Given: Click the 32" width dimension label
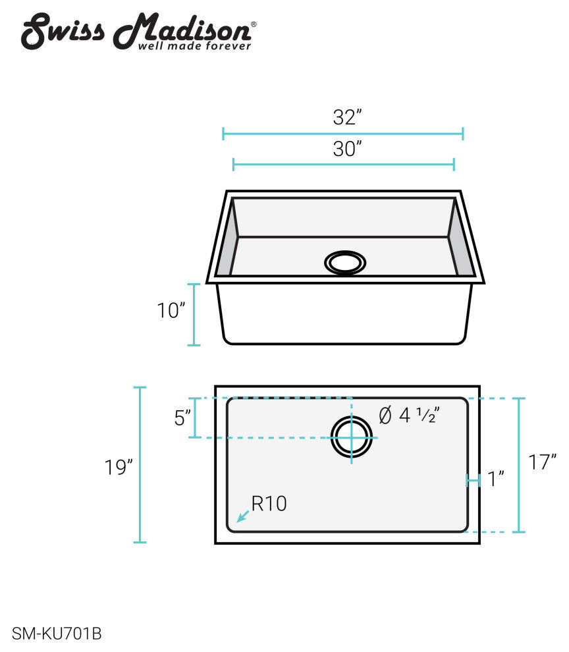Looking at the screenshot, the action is [x=347, y=117].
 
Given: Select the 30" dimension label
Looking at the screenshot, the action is [x=347, y=149].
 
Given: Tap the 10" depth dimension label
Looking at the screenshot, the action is [x=171, y=311].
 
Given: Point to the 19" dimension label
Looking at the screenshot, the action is [x=119, y=468].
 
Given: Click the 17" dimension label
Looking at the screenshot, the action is [x=543, y=462].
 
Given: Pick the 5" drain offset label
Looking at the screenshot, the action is [x=182, y=418].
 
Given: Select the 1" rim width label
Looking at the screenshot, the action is [x=496, y=479].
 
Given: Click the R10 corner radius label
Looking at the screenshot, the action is [x=269, y=504].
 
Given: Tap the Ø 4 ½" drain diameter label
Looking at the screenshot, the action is [x=409, y=415].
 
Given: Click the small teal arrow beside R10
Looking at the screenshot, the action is [x=242, y=516].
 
